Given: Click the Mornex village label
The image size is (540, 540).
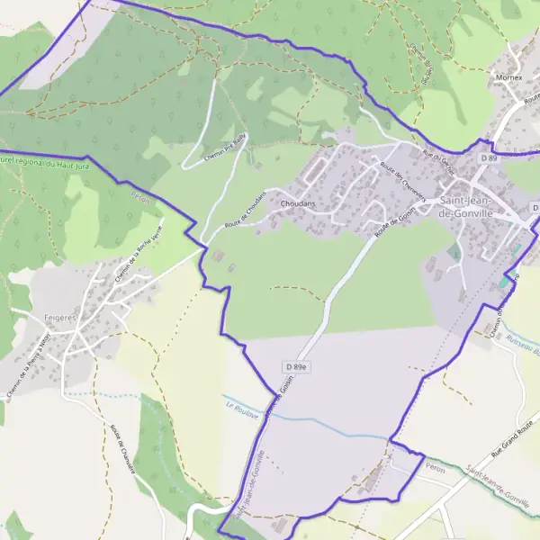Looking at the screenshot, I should (508, 77).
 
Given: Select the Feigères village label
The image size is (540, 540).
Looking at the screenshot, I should (58, 318).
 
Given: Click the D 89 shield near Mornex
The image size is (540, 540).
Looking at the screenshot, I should (489, 157).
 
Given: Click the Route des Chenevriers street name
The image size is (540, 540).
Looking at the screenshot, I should (401, 179).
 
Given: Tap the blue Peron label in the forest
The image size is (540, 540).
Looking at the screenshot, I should (140, 193).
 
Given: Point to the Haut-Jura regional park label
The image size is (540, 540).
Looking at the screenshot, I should (36, 161).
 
